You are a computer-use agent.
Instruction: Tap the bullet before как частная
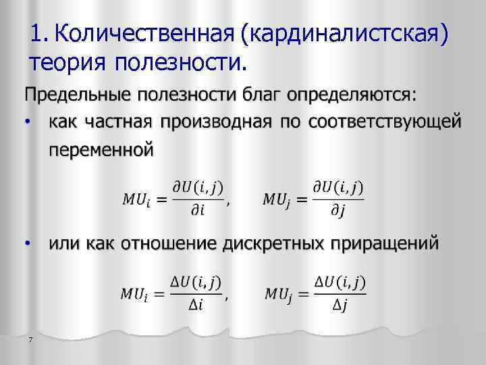tap(26, 122)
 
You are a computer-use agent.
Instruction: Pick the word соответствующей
tap(385, 122)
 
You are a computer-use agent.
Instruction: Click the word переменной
tap(101, 149)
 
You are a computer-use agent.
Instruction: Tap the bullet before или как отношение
tap(26, 241)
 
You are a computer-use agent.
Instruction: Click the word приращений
tap(382, 241)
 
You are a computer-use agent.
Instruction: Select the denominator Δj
tap(340, 305)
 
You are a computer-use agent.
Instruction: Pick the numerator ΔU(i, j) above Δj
tap(340, 281)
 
